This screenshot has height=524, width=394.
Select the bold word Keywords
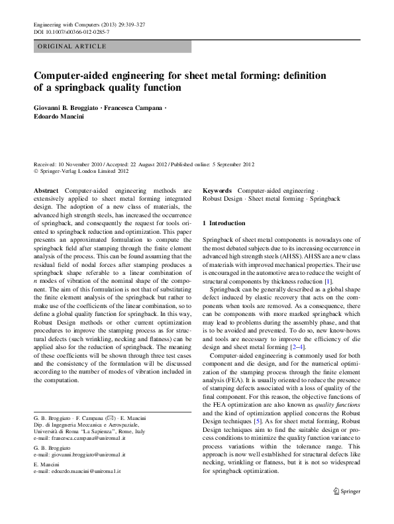point(218,189)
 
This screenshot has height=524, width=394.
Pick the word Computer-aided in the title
point(68,75)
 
